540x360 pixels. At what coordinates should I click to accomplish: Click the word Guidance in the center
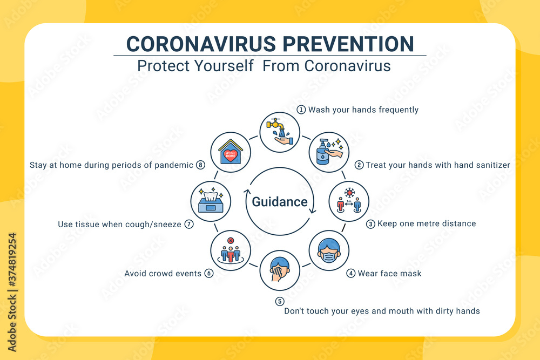(x=280, y=202)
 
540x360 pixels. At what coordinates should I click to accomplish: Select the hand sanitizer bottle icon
(x=329, y=152)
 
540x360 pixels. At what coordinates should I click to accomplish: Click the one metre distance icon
(x=349, y=201)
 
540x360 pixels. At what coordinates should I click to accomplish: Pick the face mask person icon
(x=329, y=250)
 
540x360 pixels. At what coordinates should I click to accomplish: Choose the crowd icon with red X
(x=231, y=250)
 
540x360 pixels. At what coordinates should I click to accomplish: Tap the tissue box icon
(x=211, y=201)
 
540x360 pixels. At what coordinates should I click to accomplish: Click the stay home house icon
(x=231, y=152)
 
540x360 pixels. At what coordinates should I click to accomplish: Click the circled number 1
(x=301, y=110)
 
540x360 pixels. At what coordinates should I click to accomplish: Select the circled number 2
(x=359, y=165)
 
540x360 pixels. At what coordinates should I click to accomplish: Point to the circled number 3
(x=370, y=223)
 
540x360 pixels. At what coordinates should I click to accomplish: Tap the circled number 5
(x=279, y=301)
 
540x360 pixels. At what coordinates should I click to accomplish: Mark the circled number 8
(x=200, y=165)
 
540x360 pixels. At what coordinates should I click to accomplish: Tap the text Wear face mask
(x=389, y=273)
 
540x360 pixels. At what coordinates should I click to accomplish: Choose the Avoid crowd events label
(x=163, y=273)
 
